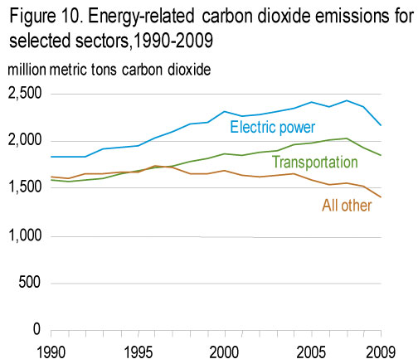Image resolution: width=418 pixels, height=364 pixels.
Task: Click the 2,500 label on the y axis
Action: (25, 94)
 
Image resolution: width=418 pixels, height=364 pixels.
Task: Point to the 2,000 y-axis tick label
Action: (25, 140)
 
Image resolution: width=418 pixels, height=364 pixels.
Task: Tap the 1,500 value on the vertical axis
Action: (26, 187)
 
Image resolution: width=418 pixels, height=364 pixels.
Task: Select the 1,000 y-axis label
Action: (26, 235)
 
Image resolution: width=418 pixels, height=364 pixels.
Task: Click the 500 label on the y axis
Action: (30, 283)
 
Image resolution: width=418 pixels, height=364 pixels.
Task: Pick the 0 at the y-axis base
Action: (36, 329)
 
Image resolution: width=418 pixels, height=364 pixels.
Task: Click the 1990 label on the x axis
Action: (51, 352)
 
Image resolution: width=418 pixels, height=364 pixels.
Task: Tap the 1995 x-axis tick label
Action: (139, 352)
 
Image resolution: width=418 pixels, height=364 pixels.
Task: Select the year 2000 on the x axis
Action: (224, 352)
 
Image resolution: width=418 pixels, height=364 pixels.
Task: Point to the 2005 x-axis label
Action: (311, 352)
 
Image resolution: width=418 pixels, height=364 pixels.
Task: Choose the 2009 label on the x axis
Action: (381, 352)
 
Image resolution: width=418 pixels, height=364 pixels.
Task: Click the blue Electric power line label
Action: (273, 128)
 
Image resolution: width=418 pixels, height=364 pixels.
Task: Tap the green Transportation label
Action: (315, 162)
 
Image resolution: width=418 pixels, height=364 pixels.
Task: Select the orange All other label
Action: (347, 206)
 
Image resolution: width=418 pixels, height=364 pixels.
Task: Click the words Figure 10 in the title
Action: (46, 17)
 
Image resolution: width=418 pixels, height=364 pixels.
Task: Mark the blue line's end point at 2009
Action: (382, 125)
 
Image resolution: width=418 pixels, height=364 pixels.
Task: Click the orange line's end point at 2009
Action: (382, 197)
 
